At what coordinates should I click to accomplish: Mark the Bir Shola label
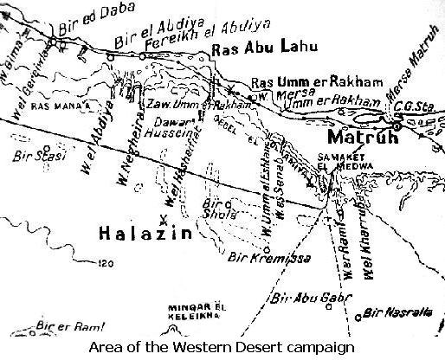pos(212,212)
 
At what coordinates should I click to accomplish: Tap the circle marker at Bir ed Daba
pos(54,40)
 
